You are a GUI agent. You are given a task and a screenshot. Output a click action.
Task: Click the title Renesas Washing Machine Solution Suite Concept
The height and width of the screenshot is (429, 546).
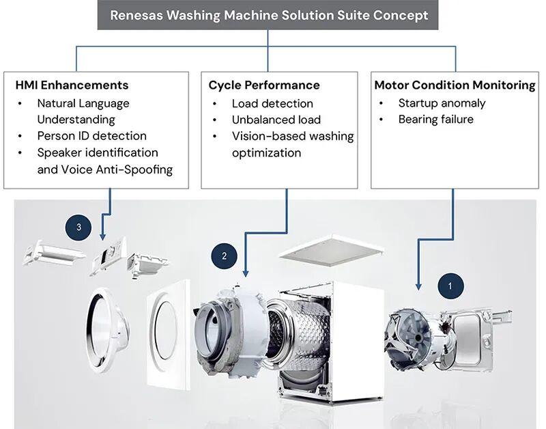point(269,15)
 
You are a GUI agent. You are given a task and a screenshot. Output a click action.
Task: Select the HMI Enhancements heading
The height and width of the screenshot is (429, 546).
point(72,85)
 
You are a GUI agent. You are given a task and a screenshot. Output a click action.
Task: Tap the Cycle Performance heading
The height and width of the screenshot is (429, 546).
point(264,85)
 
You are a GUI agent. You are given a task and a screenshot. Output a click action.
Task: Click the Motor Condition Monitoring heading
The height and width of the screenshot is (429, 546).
point(455,85)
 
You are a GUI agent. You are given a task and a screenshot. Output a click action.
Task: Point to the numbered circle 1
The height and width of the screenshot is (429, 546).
point(450,286)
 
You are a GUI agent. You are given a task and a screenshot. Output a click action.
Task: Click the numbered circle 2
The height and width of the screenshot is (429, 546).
point(225,256)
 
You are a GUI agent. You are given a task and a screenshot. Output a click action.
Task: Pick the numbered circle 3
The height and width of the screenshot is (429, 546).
point(78,227)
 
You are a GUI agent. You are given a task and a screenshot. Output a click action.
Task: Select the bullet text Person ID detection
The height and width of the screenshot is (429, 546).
point(92,135)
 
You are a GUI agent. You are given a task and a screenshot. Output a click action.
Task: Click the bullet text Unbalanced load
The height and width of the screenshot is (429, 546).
point(276,120)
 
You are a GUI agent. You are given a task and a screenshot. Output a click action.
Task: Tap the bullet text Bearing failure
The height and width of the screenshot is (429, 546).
point(436,119)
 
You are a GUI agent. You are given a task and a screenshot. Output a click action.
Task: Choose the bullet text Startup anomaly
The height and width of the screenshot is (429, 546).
point(442,103)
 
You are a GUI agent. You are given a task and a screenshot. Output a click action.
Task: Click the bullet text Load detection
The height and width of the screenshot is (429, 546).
point(272,104)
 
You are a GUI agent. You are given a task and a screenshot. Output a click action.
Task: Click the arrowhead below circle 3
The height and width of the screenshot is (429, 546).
point(102,237)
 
